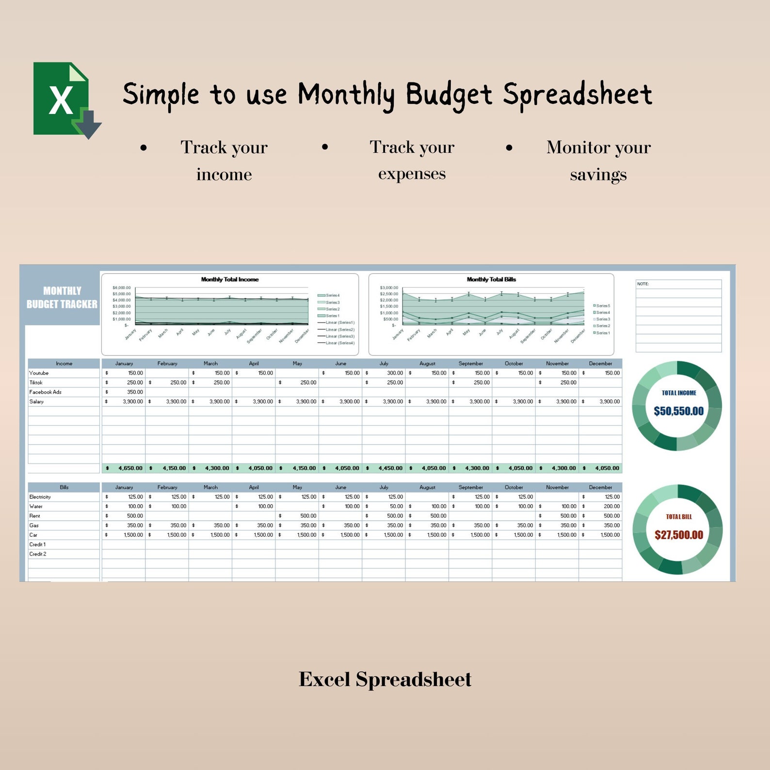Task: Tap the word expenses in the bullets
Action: pyautogui.click(x=412, y=174)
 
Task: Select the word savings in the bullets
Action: pyautogui.click(x=598, y=175)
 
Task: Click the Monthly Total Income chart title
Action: pyautogui.click(x=230, y=279)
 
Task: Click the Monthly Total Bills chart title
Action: pyautogui.click(x=491, y=279)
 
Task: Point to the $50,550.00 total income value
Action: pyautogui.click(x=678, y=411)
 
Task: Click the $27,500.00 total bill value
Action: pyautogui.click(x=678, y=535)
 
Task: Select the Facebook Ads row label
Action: pyautogui.click(x=45, y=392)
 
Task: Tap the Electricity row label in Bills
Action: pyautogui.click(x=40, y=497)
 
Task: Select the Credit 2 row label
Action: pyautogui.click(x=37, y=554)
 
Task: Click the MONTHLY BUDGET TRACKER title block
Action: pyautogui.click(x=62, y=297)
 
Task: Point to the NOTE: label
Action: pyautogui.click(x=643, y=284)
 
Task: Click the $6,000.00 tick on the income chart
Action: pyautogui.click(x=121, y=288)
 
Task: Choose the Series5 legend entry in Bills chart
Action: pyautogui.click(x=602, y=306)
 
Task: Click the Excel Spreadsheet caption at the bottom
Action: pyautogui.click(x=385, y=679)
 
